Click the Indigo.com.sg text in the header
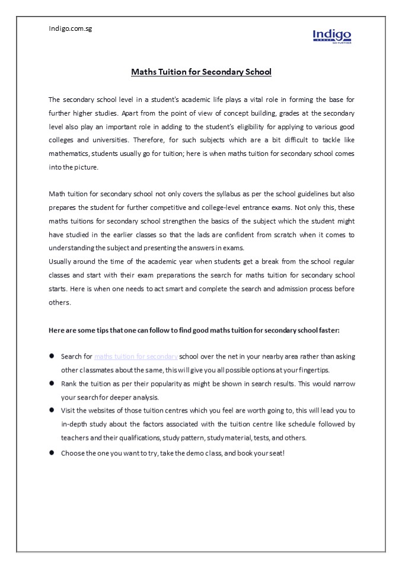(70, 28)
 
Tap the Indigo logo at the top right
(332, 36)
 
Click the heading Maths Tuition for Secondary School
(201, 72)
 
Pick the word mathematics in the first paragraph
(68, 154)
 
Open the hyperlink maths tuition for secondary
(136, 357)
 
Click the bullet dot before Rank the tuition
(52, 383)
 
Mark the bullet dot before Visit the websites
(52, 410)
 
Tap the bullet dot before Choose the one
(52, 452)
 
